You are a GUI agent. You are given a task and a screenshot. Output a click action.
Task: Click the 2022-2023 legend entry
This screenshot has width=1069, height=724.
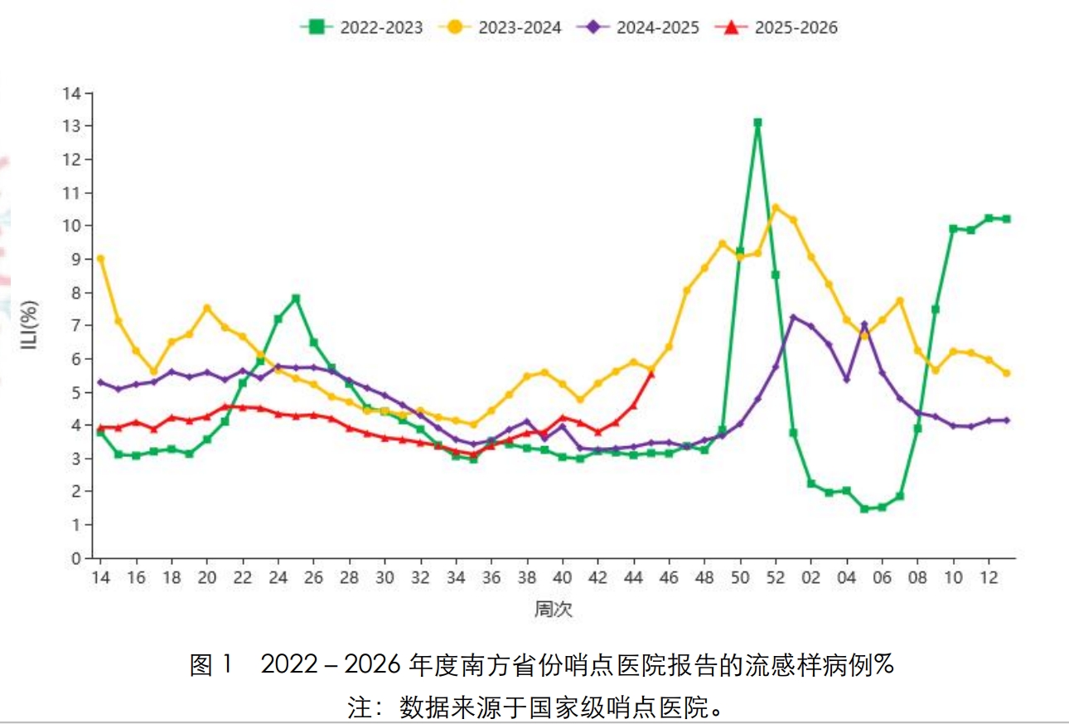tap(361, 27)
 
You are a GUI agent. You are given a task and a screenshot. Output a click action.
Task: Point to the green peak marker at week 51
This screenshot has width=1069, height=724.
tap(757, 123)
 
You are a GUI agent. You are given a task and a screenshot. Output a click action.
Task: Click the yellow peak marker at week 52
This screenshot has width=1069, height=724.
tap(776, 208)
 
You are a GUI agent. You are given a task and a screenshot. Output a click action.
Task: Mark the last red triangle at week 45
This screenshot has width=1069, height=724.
tap(651, 374)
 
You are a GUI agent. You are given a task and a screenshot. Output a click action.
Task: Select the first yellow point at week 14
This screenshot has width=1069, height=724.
tap(100, 259)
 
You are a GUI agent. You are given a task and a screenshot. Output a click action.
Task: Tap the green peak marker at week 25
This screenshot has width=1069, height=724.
tap(296, 298)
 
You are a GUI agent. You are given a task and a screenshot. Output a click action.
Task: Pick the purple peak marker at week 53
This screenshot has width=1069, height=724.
tap(793, 317)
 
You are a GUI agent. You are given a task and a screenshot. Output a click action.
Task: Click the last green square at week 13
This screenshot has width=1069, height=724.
tap(1006, 219)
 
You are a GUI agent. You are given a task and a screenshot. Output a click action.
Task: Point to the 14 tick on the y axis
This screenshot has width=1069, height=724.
tap(75, 93)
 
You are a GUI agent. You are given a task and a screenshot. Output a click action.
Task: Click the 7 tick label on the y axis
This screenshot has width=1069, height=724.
tap(75, 326)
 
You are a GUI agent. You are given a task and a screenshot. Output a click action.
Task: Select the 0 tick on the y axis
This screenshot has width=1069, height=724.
tap(75, 558)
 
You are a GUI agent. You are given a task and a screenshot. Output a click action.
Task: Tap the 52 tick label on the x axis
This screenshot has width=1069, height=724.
tap(776, 576)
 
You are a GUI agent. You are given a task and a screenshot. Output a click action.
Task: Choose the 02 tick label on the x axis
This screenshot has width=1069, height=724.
tap(811, 576)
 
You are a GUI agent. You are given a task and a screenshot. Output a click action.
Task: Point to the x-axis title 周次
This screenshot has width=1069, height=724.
tap(553, 610)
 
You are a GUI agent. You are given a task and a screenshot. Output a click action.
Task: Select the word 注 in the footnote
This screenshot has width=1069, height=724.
tap(360, 708)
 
